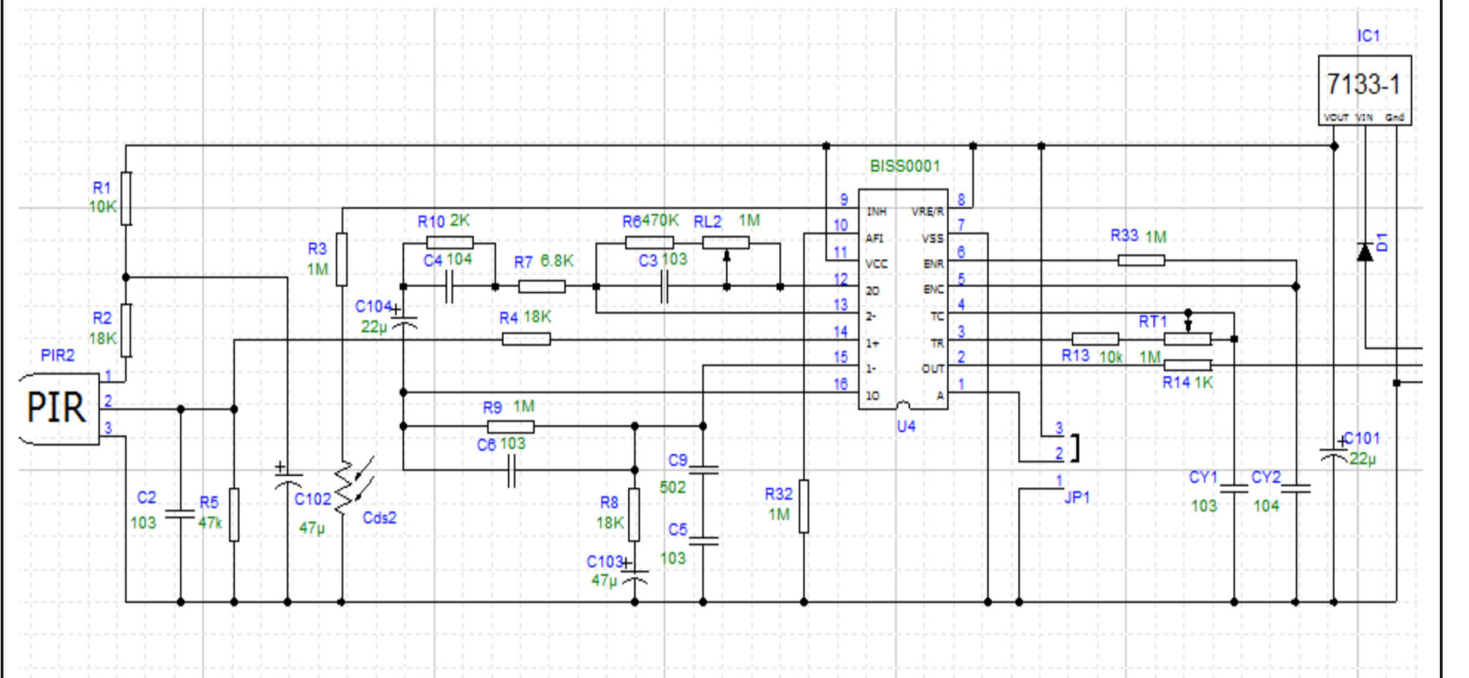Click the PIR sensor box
58,408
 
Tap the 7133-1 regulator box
1364,85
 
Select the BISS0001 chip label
904,166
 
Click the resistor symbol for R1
126,199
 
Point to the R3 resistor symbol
342,258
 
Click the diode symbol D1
1365,251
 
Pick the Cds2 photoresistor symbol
344,489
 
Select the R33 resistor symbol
1141,261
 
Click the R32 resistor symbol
804,506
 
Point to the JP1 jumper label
1077,498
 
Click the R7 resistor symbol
542,286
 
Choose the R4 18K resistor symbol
526,339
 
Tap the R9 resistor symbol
510,426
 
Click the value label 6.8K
557,261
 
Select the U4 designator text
906,426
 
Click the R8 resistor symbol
634,514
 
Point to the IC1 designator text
1368,36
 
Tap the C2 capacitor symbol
180,515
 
